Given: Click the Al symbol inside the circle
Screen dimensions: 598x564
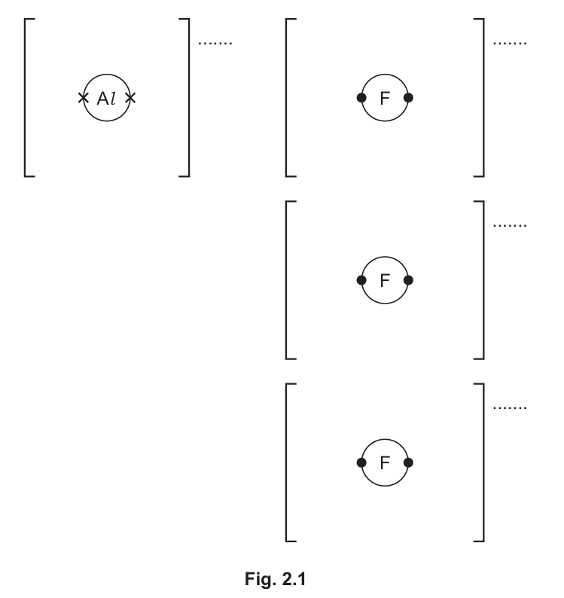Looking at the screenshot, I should click(x=106, y=98).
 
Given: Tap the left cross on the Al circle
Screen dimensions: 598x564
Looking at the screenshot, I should click(x=83, y=97).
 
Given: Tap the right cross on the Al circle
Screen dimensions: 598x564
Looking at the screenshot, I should click(x=130, y=97).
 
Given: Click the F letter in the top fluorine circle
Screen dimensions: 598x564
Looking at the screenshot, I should click(x=385, y=98).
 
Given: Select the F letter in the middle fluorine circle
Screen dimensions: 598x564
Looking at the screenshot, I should click(x=385, y=280).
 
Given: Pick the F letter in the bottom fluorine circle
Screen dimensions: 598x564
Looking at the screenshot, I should click(x=385, y=462).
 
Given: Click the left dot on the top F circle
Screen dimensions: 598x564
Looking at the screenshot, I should click(x=361, y=98).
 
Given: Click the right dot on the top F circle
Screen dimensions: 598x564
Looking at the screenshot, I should click(x=408, y=98).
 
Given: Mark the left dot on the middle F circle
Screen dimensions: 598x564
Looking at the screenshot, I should click(x=361, y=280).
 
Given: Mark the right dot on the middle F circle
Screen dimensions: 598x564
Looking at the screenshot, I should click(x=408, y=280).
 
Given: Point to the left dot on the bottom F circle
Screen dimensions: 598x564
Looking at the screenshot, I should click(x=361, y=462).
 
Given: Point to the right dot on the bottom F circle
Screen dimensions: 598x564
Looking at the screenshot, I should click(x=408, y=462).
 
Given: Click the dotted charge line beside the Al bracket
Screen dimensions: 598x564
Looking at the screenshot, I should click(x=215, y=43).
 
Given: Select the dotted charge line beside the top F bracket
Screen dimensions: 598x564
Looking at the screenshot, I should click(x=509, y=43).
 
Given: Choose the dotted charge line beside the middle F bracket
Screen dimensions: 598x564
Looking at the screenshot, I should click(x=509, y=225).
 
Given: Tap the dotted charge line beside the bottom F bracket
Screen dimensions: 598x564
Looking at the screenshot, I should click(x=509, y=407).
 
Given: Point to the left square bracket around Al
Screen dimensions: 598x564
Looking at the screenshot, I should click(x=26, y=97).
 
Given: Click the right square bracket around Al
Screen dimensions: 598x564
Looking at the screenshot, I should click(x=187, y=97).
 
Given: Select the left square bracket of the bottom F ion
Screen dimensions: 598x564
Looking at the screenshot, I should click(x=288, y=462).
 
